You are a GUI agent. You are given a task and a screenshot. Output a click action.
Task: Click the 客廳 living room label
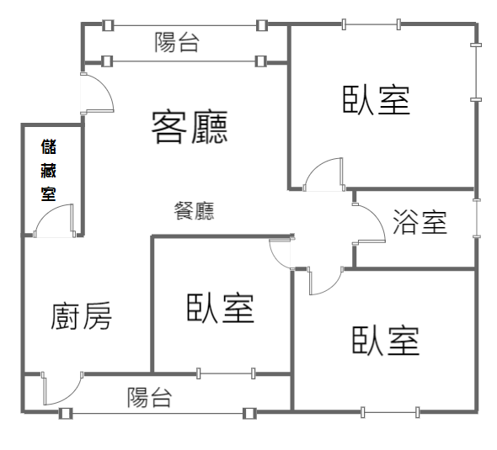pos(190,127)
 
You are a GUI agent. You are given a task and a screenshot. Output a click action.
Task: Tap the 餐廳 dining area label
pos(194,211)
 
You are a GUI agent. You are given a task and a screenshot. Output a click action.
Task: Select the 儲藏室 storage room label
pos(49,170)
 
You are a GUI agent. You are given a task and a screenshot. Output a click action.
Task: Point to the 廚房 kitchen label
pos(81,315)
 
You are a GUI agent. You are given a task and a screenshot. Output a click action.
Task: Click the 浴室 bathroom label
pos(420,222)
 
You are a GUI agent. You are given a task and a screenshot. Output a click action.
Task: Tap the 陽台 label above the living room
pos(177,42)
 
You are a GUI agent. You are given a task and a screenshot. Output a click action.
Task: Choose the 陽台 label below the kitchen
pos(150,397)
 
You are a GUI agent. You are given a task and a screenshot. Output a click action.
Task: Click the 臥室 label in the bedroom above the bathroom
pos(377,99)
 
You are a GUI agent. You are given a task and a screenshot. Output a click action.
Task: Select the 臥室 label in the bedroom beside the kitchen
pos(221,308)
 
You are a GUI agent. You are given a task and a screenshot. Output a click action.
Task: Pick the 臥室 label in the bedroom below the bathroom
pos(386,341)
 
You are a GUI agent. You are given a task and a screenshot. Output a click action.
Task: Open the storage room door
pos(55,220)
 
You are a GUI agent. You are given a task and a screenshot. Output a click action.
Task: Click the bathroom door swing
pos(369,224)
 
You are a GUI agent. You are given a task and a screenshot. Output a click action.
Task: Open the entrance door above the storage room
pos(97,93)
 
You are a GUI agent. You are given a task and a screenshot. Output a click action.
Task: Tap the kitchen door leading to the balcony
pos(62,389)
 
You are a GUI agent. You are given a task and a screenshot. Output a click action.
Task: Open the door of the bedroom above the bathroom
pos(323,175)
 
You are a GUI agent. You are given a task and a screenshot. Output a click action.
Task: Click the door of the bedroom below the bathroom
pos(326,281)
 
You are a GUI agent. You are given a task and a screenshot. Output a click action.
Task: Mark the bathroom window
pos(477,218)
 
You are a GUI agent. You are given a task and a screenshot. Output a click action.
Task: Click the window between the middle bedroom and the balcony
pos(226,373)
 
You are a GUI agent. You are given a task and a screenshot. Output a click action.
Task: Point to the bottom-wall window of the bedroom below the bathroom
pos(390,412)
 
